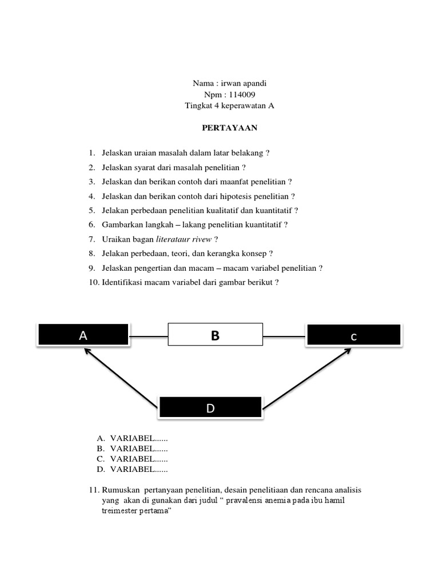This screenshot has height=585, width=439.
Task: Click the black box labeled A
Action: pyautogui.click(x=83, y=335)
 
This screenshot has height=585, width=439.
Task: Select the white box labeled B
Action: pyautogui.click(x=215, y=335)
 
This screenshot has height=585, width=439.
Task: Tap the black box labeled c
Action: pyautogui.click(x=354, y=336)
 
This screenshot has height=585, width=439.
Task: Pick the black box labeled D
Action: pyautogui.click(x=210, y=407)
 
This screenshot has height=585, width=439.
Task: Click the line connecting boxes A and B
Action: pyautogui.click(x=148, y=334)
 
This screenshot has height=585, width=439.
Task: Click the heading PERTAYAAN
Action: pyautogui.click(x=230, y=128)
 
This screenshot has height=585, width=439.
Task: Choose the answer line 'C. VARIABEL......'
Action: pyautogui.click(x=133, y=459)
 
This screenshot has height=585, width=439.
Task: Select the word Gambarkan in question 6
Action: pyautogui.click(x=121, y=225)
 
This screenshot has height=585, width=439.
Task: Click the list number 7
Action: pyautogui.click(x=91, y=239)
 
